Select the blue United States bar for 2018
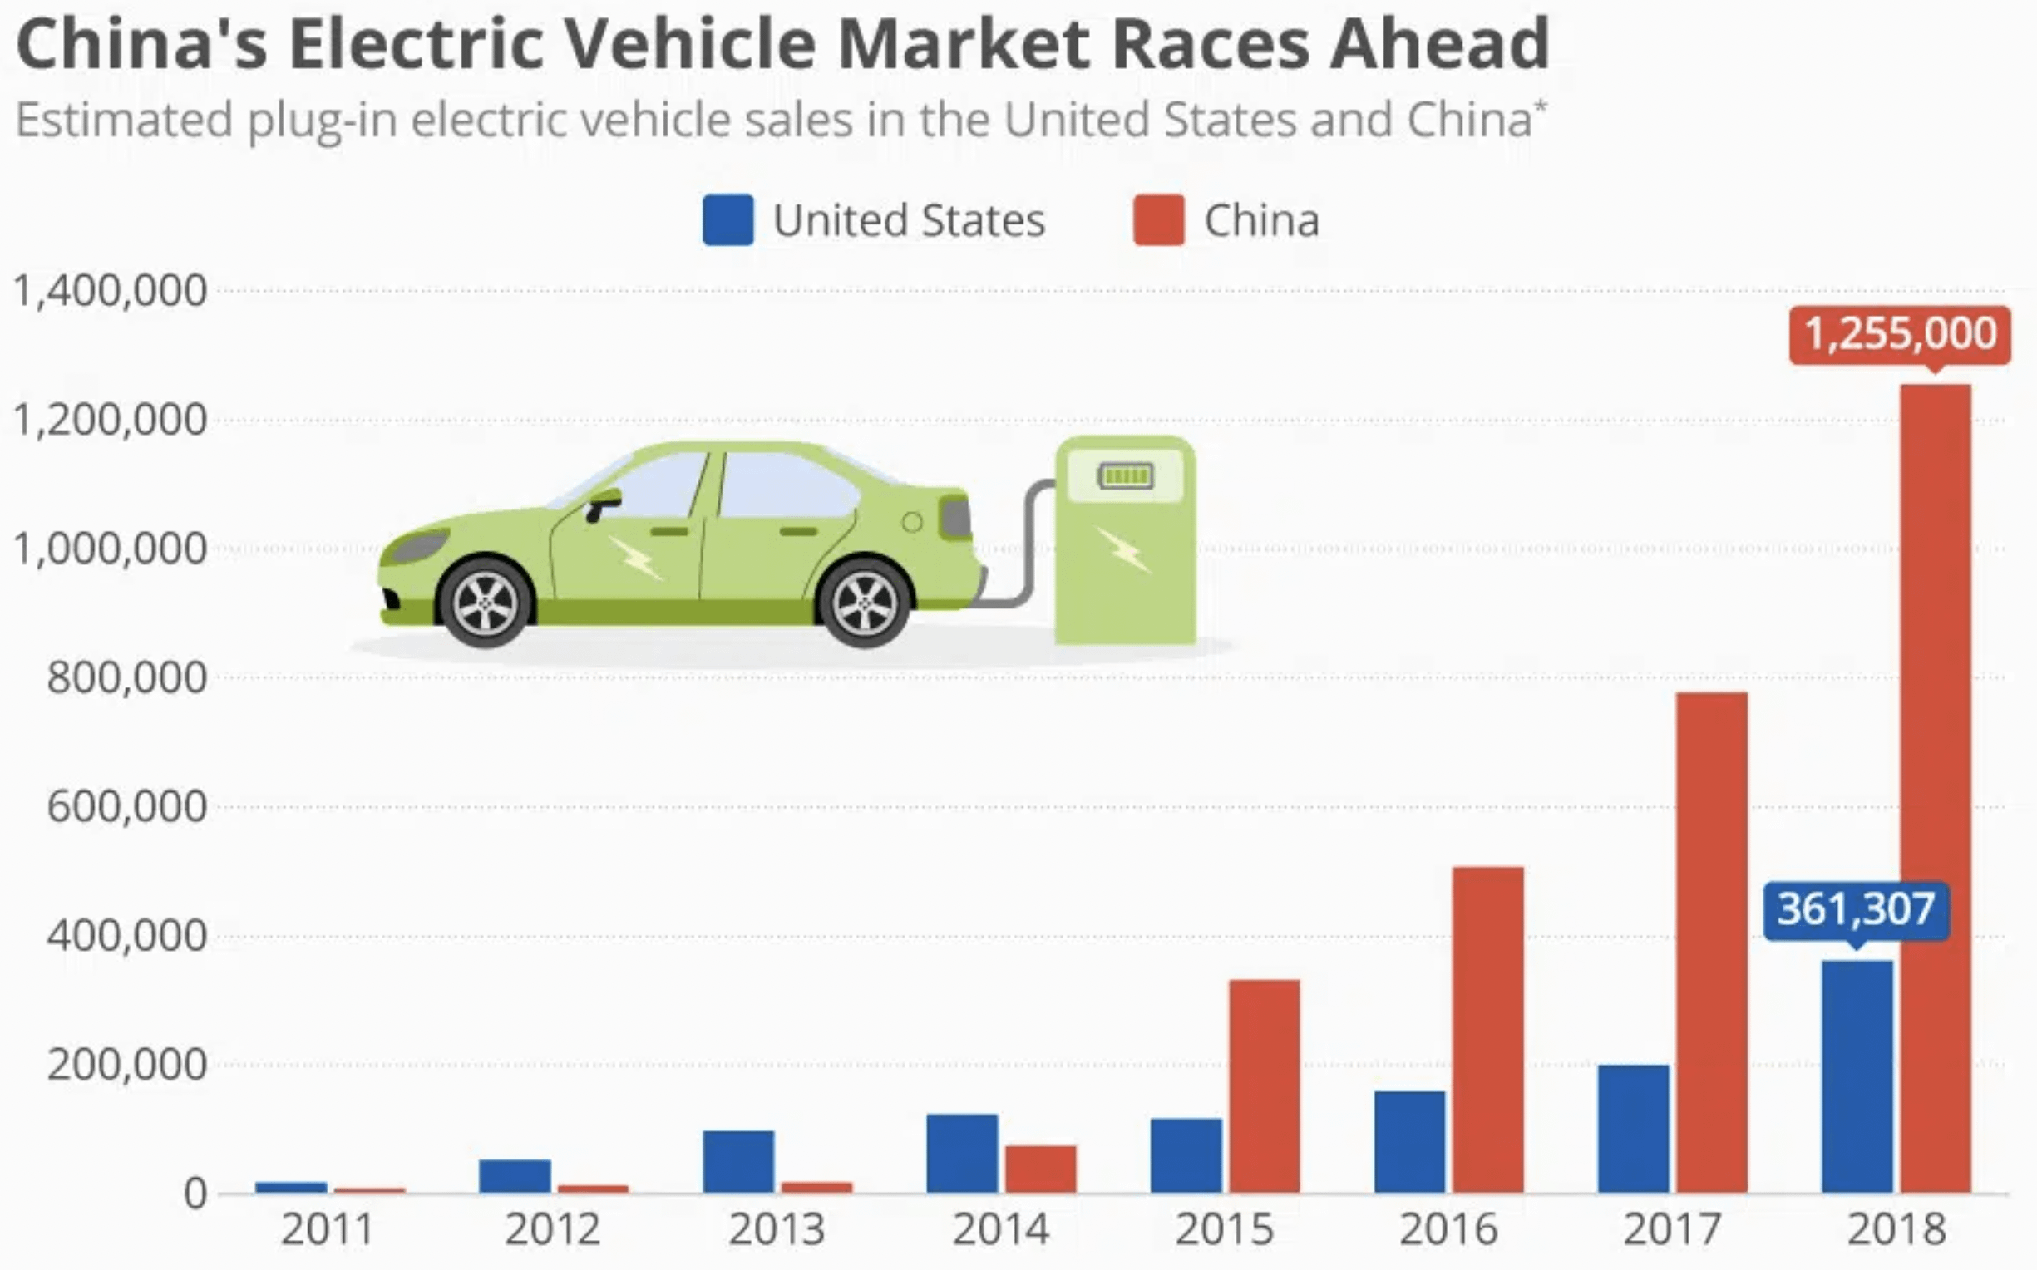(x=1857, y=1076)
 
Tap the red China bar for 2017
(x=1712, y=942)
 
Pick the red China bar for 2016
(x=1487, y=1029)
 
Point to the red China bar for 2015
(x=1265, y=1085)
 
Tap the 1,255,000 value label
(x=1900, y=334)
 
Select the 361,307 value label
(x=1857, y=908)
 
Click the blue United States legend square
(x=727, y=220)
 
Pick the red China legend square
(x=1158, y=220)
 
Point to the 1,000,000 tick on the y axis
(x=110, y=549)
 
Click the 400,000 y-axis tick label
(x=126, y=936)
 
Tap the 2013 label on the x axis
(x=777, y=1229)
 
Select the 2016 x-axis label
(x=1448, y=1229)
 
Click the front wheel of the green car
(x=485, y=603)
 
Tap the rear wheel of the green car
(x=865, y=603)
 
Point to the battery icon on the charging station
(x=1126, y=476)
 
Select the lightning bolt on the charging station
(x=1123, y=550)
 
